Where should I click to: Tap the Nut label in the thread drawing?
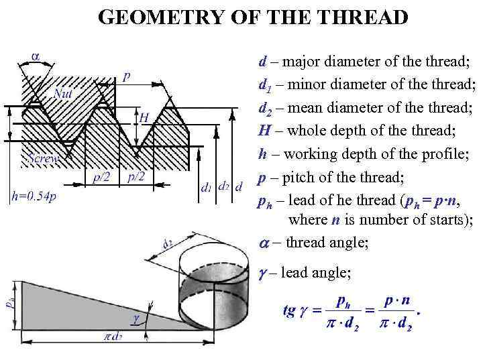[x=64, y=95]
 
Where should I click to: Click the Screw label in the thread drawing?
[x=44, y=159]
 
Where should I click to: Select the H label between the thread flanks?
[x=144, y=117]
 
